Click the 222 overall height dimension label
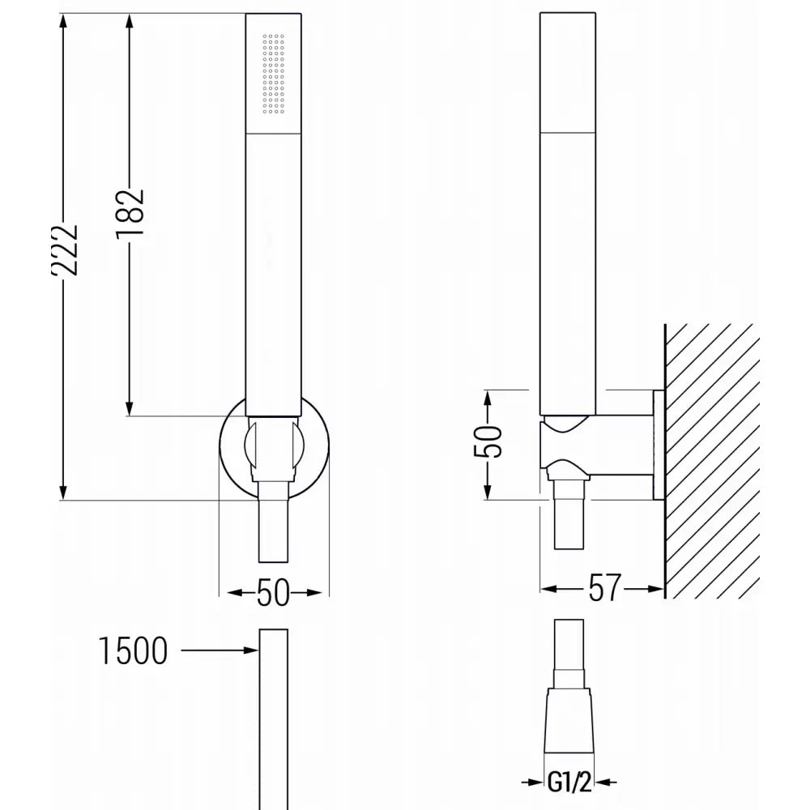coord(64,251)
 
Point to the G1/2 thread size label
coord(578,783)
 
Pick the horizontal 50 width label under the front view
coord(273,593)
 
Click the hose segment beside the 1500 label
coord(273,713)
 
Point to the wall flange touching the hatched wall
coord(657,445)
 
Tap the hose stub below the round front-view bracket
coord(273,531)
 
